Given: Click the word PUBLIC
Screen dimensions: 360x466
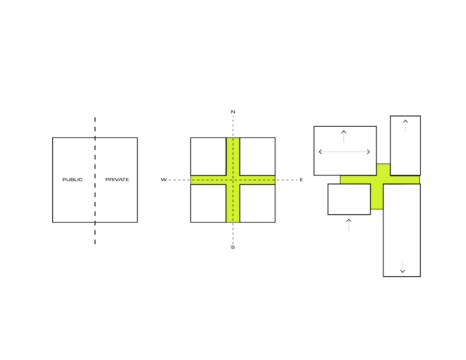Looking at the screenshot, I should tap(73, 179).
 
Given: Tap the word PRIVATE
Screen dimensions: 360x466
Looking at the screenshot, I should tap(117, 179).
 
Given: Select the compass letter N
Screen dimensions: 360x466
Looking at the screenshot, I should tap(233, 112).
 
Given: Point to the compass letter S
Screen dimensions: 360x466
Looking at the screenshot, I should tap(233, 247).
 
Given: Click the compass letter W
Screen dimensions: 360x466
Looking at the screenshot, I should tap(163, 179).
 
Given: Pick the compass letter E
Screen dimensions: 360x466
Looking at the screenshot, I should tap(302, 179).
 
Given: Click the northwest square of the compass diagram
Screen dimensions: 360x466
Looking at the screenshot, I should tap(208, 156).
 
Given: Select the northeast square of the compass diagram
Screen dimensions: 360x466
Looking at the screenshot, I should tap(257, 156).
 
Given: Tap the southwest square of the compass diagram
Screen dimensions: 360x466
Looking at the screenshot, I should tap(208, 204).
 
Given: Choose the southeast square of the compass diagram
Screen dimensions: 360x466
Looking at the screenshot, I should tap(257, 204).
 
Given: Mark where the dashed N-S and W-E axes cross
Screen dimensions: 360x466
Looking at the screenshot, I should tap(233, 179).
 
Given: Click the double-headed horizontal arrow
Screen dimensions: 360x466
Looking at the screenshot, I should tap(344, 151).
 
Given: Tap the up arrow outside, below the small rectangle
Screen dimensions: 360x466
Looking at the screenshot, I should tap(349, 224).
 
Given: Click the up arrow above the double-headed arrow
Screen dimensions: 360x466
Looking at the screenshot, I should tap(343, 136).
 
